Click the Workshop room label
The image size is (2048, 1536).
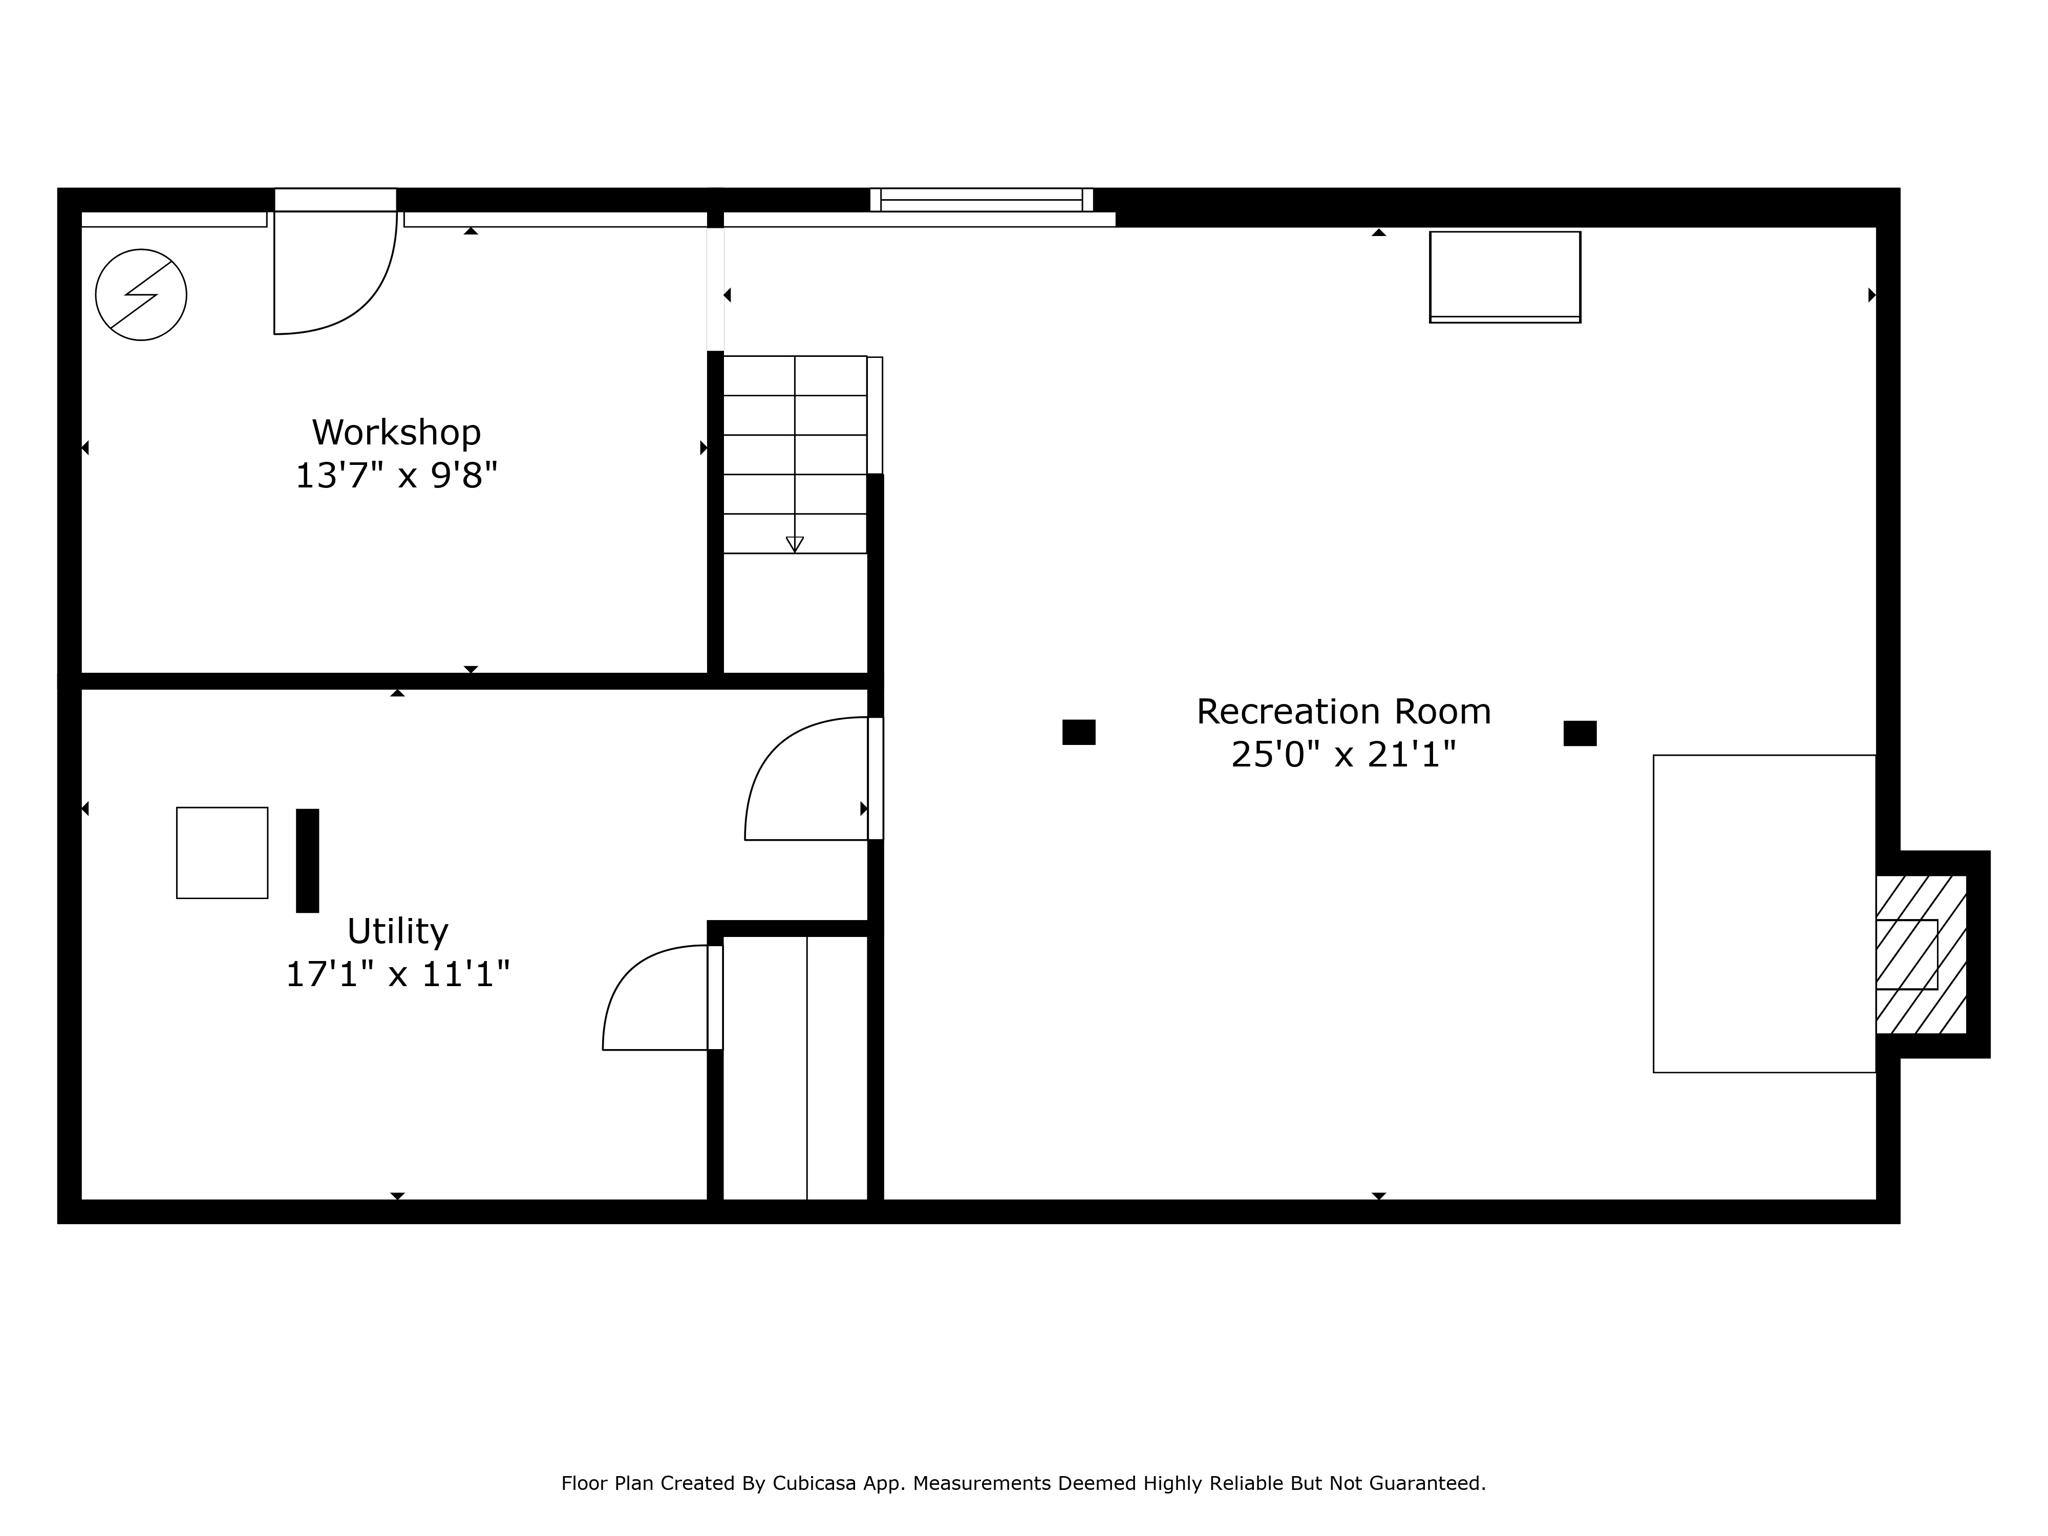pyautogui.click(x=396, y=433)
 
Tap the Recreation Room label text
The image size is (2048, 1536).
pyautogui.click(x=1343, y=712)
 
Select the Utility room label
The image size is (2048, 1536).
pyautogui.click(x=397, y=932)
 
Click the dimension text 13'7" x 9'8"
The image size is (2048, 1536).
pyautogui.click(x=396, y=475)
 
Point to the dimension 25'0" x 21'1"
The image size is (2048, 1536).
pyautogui.click(x=1343, y=754)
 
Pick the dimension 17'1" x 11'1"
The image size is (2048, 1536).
pyautogui.click(x=397, y=974)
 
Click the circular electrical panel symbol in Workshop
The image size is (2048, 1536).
pyautogui.click(x=141, y=295)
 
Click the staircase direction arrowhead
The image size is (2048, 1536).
pyautogui.click(x=795, y=545)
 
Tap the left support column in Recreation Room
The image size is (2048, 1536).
pyautogui.click(x=1079, y=732)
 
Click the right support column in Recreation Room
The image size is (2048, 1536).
pyautogui.click(x=1580, y=733)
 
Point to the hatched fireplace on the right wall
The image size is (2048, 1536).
pyautogui.click(x=1921, y=954)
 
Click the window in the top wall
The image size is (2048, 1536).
pyautogui.click(x=981, y=200)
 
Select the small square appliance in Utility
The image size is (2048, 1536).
pyautogui.click(x=222, y=853)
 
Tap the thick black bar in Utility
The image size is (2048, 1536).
pyautogui.click(x=308, y=861)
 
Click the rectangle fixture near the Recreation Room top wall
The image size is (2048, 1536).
pyautogui.click(x=1505, y=277)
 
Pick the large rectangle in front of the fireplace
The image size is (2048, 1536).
pyautogui.click(x=1764, y=914)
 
